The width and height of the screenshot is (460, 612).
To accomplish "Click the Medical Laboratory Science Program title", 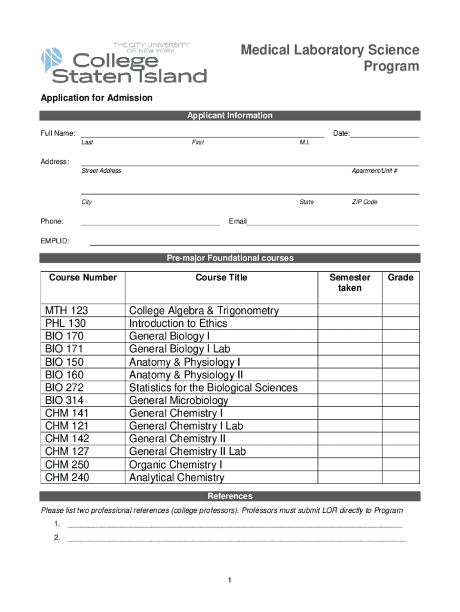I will click(x=330, y=58).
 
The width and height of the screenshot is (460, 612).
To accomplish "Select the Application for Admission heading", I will click(x=96, y=97).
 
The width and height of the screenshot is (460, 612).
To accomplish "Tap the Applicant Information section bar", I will click(x=230, y=115).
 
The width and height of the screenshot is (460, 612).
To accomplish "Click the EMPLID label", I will click(x=55, y=241).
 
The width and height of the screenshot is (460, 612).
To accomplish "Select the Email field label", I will click(x=238, y=222).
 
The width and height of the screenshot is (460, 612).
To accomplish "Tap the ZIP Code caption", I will click(x=364, y=202).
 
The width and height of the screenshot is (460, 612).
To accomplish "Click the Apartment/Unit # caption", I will click(x=375, y=171).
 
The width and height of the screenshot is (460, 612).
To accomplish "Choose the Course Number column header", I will click(x=82, y=277).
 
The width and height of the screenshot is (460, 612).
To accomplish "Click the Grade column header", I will click(x=400, y=277).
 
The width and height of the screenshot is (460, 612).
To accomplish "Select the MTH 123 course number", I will click(x=66, y=311).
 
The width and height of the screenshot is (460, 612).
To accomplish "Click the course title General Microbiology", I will click(x=179, y=400).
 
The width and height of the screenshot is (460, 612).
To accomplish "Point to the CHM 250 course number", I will click(x=66, y=464).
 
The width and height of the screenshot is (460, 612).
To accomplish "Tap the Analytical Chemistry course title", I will click(x=177, y=478).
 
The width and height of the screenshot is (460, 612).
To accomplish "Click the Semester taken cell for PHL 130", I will click(x=349, y=323).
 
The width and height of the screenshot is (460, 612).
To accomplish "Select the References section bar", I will click(x=230, y=496).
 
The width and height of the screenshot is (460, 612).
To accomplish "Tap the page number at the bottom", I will click(x=229, y=580).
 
